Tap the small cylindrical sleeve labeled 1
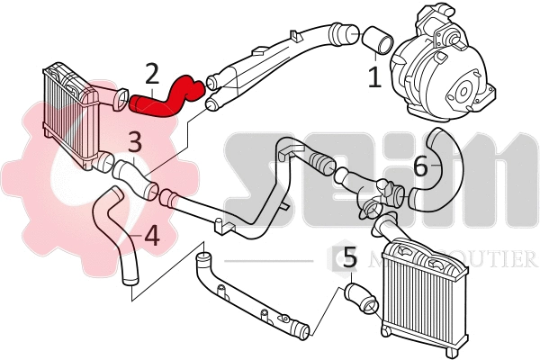377,40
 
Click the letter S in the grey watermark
256,180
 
